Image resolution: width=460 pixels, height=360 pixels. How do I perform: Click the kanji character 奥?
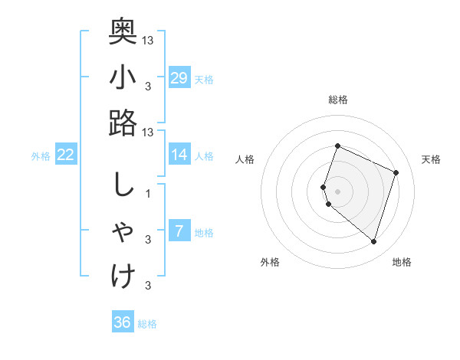(x=123, y=31)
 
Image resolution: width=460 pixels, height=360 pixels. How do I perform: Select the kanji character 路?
(x=123, y=123)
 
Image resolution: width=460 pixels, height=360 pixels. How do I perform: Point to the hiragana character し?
(x=123, y=186)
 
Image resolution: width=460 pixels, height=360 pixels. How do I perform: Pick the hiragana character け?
(x=123, y=276)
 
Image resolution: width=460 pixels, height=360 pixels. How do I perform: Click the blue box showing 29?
(x=179, y=77)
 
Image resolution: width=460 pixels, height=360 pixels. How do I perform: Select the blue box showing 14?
(x=179, y=155)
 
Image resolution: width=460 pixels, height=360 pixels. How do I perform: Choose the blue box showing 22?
(x=66, y=155)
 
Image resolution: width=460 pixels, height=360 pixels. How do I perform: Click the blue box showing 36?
(x=123, y=322)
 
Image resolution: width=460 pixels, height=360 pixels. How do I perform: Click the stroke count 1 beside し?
(x=148, y=194)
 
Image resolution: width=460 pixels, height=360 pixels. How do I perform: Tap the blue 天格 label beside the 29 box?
(x=204, y=80)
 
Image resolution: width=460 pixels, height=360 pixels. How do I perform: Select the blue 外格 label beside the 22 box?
(x=41, y=156)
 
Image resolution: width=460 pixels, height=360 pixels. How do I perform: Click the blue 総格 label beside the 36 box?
(x=147, y=324)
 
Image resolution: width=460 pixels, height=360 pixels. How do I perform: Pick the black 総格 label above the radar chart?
(x=337, y=100)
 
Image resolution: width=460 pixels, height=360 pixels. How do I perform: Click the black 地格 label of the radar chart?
(x=402, y=262)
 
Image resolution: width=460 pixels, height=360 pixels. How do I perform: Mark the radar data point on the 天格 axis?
(x=396, y=172)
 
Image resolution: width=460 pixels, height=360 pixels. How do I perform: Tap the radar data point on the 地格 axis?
(x=373, y=242)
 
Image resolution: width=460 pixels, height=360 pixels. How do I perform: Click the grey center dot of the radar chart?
(x=338, y=191)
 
